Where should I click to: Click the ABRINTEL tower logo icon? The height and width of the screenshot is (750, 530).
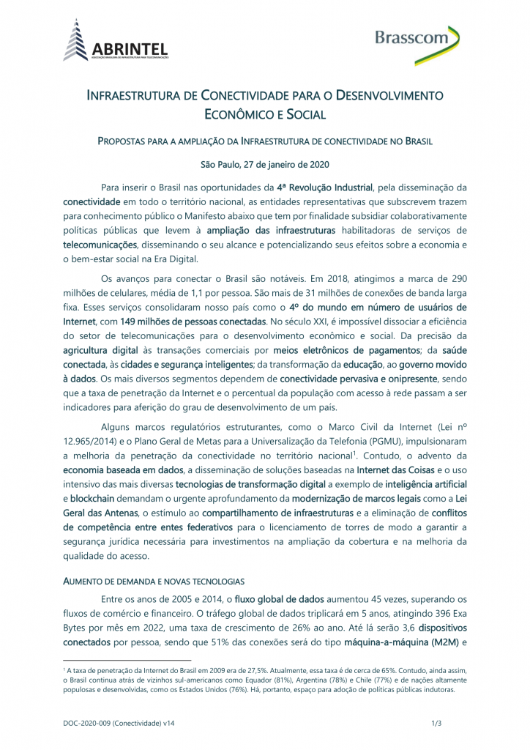(77, 40)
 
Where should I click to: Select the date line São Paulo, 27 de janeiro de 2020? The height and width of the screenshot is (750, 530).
(264, 164)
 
